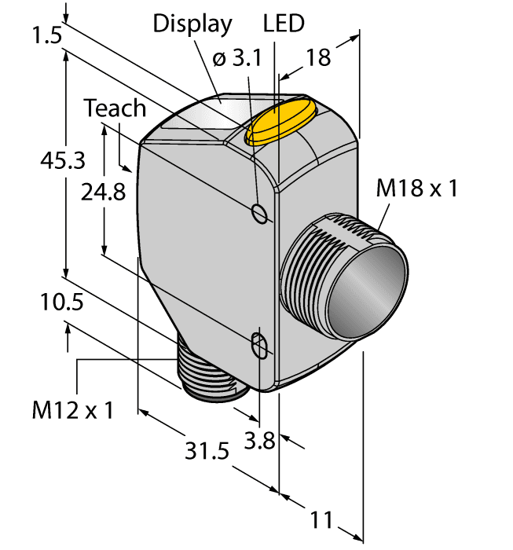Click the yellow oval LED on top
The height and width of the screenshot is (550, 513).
coord(280,123)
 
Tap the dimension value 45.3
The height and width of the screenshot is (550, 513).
coord(63,160)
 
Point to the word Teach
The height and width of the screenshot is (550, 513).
coord(115,108)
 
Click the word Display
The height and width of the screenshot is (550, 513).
coord(192,24)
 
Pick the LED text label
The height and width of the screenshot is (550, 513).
coord(284,24)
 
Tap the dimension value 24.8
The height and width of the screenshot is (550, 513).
coord(104,192)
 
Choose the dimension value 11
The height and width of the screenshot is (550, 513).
coord(322,520)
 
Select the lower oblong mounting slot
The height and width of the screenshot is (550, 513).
coord(258,345)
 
